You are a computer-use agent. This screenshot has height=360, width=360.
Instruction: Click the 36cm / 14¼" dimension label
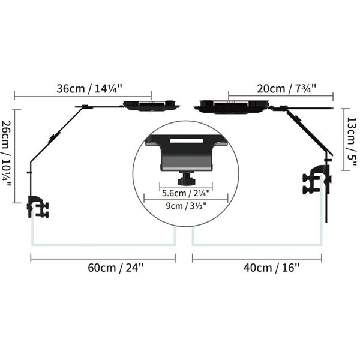(89, 88)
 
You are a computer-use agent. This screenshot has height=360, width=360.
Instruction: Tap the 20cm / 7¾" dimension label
(287, 88)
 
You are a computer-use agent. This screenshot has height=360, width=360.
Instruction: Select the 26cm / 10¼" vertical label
(6, 154)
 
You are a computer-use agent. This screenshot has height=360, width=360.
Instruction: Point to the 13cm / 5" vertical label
(352, 142)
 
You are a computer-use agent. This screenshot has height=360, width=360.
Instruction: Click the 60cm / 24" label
(115, 268)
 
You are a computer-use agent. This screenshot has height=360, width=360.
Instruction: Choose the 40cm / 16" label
(272, 268)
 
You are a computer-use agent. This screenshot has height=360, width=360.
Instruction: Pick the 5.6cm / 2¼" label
(186, 193)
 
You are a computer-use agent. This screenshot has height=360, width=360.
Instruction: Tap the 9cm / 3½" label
(186, 206)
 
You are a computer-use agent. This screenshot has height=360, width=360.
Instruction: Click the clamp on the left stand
(38, 206)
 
